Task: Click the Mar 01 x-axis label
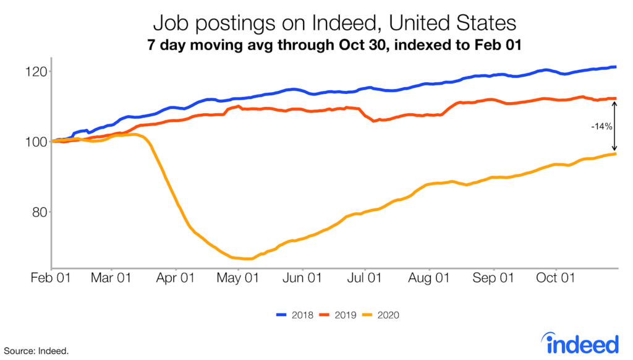pyautogui.click(x=111, y=278)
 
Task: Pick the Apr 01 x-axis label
pyautogui.click(x=176, y=278)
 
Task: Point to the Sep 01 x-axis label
pyautogui.click(x=493, y=278)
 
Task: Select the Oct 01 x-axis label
pyautogui.click(x=555, y=278)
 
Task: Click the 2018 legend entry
pyautogui.click(x=294, y=315)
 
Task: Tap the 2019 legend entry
pyautogui.click(x=337, y=315)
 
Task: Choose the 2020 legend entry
pyautogui.click(x=380, y=315)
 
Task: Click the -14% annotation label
pyautogui.click(x=601, y=126)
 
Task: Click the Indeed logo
pyautogui.click(x=579, y=342)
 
